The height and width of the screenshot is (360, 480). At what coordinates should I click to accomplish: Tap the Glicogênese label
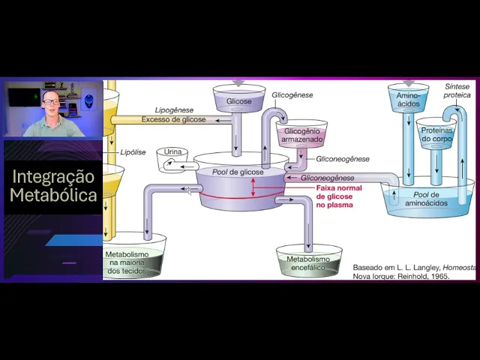tap(292, 95)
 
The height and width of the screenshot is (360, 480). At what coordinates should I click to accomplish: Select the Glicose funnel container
tap(239, 101)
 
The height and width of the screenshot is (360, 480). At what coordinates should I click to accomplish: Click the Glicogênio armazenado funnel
tap(301, 135)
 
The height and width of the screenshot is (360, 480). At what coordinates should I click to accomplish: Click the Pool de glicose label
tap(238, 172)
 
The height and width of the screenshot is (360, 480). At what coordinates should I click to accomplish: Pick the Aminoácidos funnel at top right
tap(408, 100)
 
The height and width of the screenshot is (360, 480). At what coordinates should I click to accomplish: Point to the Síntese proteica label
tap(457, 91)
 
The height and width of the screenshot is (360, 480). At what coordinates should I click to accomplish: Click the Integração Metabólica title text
tap(52, 186)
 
